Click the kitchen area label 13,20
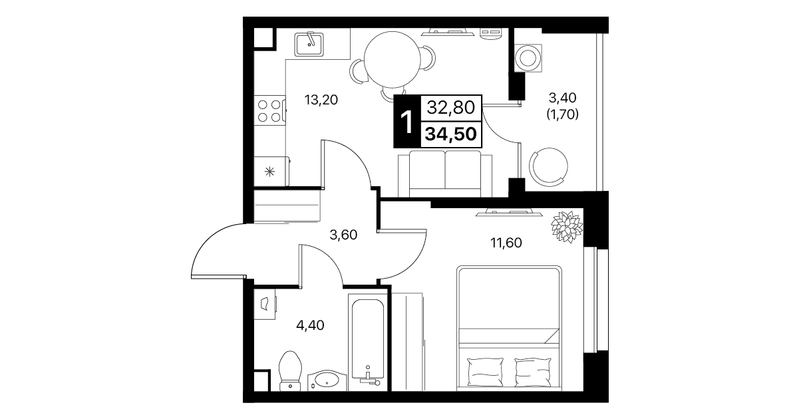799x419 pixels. (321, 100)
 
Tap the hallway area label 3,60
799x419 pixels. (343, 235)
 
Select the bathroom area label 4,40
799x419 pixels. (310, 326)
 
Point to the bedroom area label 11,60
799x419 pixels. (506, 243)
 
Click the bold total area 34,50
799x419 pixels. (451, 134)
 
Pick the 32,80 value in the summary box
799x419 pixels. (451, 107)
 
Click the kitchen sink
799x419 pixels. (309, 44)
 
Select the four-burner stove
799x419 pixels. (269, 110)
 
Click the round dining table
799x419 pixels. (392, 60)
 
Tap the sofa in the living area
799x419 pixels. (445, 174)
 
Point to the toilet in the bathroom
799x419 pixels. (290, 371)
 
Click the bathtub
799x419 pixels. (368, 343)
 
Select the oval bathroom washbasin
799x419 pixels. (327, 381)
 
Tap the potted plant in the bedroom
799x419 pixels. (567, 227)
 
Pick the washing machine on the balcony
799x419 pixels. (528, 58)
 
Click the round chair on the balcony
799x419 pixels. (548, 167)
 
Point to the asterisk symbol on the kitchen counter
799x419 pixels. (269, 172)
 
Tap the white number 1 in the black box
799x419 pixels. (407, 122)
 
